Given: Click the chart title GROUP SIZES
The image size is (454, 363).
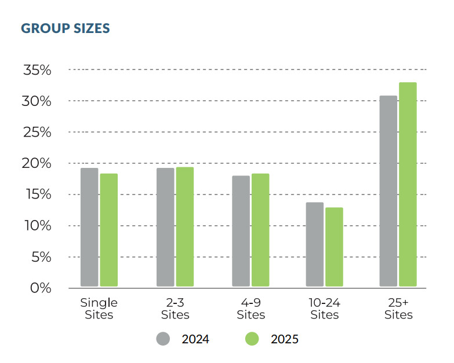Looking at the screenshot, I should tap(65, 28).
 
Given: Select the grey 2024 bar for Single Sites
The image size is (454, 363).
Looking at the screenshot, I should tap(89, 227).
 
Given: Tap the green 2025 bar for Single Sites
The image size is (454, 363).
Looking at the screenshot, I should tap(109, 230).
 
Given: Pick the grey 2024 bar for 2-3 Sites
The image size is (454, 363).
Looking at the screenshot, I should tap(165, 227).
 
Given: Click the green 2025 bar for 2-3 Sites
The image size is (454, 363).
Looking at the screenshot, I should tap(185, 226).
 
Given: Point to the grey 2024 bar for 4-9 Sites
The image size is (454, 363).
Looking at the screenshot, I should tap(241, 231).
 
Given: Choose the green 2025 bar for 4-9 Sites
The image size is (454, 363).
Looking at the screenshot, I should tap(260, 230).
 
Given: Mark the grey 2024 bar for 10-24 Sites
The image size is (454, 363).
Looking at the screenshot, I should tap(315, 244).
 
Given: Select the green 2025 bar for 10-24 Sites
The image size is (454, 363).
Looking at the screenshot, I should tap(334, 247).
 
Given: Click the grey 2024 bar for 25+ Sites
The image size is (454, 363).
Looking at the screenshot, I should tap(388, 191).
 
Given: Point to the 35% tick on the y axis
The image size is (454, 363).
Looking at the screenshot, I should tap(38, 70).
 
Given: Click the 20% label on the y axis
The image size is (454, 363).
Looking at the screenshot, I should tap(38, 163).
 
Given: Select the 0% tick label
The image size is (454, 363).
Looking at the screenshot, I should tap(41, 288).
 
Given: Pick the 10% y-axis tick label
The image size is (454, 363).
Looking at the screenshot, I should tap(38, 226).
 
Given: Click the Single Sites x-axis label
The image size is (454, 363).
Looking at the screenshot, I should tap(99, 309).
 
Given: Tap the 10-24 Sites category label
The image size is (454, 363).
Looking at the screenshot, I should tap(324, 309).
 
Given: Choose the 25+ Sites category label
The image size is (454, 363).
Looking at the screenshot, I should tap(398, 309).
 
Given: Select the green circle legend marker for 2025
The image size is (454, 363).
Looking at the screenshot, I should tap(253, 339).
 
